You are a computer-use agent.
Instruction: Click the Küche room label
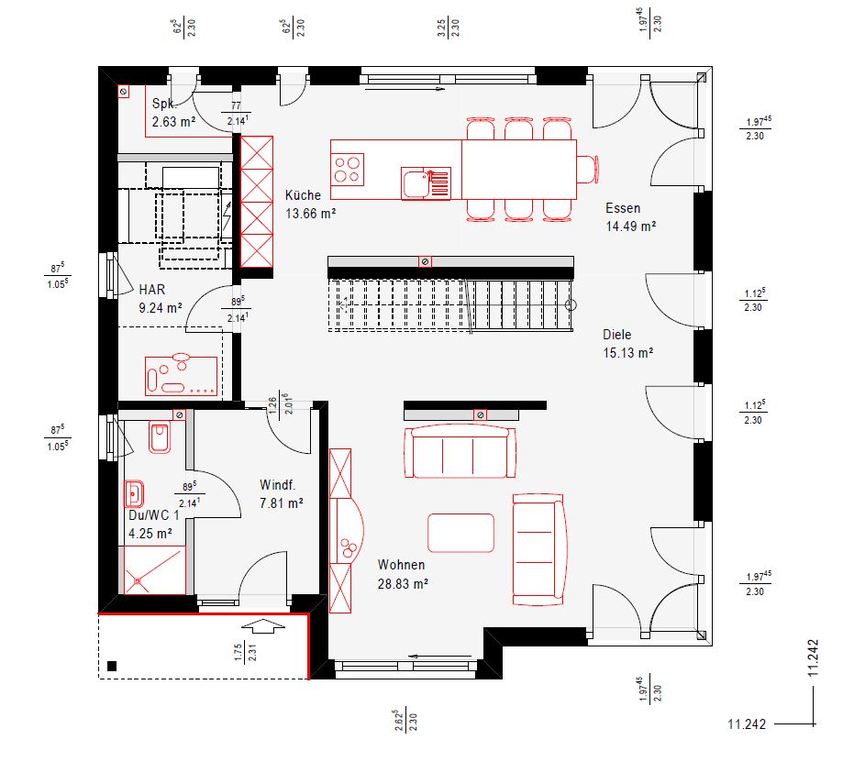(303, 194)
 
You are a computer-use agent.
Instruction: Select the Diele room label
(616, 334)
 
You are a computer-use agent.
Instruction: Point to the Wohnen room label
(401, 565)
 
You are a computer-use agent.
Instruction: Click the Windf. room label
(278, 484)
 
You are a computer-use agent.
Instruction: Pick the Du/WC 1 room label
(153, 515)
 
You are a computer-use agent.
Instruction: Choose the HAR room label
(151, 290)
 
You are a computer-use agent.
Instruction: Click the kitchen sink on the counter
(426, 182)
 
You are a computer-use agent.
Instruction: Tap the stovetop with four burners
(348, 170)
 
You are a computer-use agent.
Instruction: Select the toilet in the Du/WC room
(160, 437)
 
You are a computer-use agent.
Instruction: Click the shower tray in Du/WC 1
(155, 569)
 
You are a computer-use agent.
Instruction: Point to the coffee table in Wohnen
(460, 533)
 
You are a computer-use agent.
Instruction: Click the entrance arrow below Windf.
(263, 626)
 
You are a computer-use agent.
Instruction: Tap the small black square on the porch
(112, 666)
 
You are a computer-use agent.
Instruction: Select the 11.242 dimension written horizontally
(746, 724)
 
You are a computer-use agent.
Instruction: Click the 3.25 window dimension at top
(442, 28)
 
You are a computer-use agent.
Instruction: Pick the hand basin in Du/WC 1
(134, 493)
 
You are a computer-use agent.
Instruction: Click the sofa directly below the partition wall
(460, 451)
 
